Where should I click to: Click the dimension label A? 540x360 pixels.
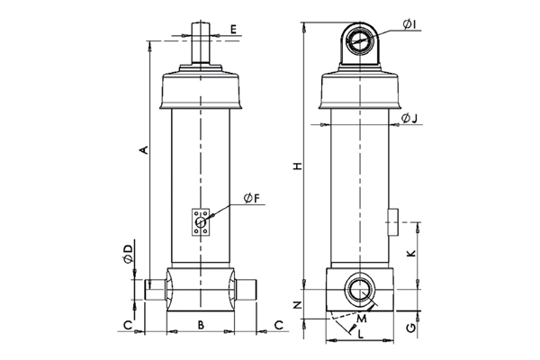point(139,149)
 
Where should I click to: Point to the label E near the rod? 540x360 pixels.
point(232,30)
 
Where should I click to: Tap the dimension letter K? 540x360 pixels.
point(410,255)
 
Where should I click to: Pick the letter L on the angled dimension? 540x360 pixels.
point(361,334)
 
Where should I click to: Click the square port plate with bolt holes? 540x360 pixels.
point(200,221)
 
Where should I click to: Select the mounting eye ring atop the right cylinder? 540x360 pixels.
point(360,40)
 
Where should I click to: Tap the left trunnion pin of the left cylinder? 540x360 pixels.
point(157,289)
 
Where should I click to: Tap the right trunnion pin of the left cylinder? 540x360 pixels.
point(247,289)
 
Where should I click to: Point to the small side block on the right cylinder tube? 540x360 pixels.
point(393,220)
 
